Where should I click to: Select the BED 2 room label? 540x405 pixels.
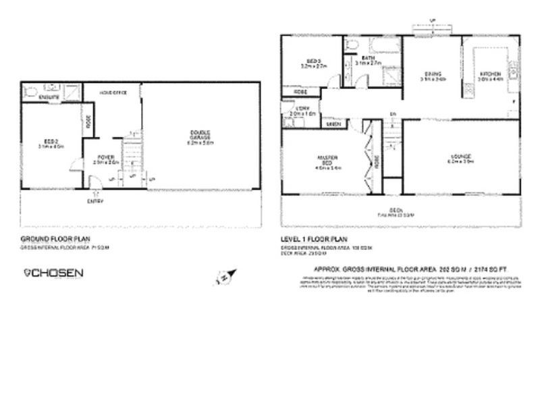tap(51, 142)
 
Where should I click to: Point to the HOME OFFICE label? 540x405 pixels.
tap(113, 92)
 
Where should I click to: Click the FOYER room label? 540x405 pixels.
tap(105, 159)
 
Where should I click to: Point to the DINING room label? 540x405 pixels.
tap(432, 74)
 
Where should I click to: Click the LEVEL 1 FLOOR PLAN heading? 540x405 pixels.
tap(313, 240)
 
